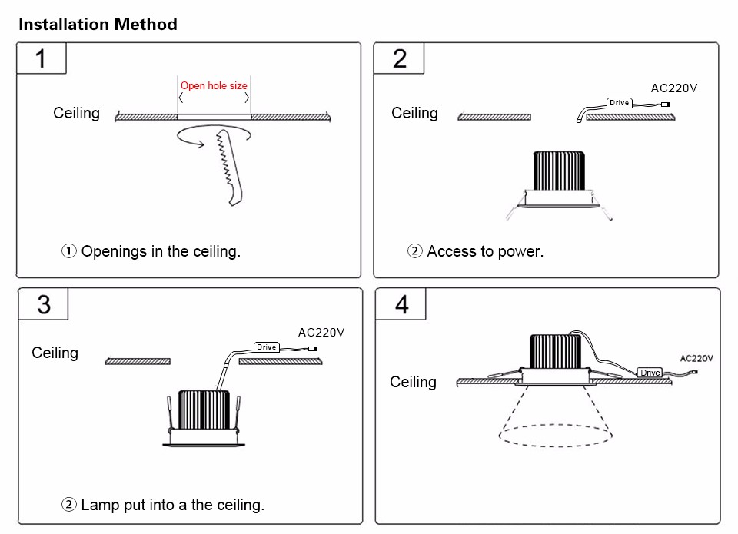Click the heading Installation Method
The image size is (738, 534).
tap(98, 25)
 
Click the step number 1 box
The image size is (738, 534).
tap(42, 58)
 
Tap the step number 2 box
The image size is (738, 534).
tap(399, 58)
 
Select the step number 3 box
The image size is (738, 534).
tap(44, 304)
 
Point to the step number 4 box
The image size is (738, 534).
tap(401, 304)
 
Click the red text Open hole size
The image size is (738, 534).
tap(214, 85)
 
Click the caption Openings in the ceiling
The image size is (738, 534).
tap(151, 251)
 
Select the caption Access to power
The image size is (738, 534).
tap(476, 251)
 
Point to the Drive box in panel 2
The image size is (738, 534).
tap(620, 103)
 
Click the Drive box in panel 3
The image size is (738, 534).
tap(266, 347)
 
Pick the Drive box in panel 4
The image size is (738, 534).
tap(650, 373)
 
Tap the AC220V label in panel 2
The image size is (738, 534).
tap(674, 88)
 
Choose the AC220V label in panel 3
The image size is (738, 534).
tap(321, 333)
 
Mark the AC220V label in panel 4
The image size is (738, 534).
tap(696, 358)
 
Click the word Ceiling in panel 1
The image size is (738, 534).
tap(76, 113)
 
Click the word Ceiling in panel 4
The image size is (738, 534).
tap(413, 382)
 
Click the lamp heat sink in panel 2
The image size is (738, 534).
tap(559, 171)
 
